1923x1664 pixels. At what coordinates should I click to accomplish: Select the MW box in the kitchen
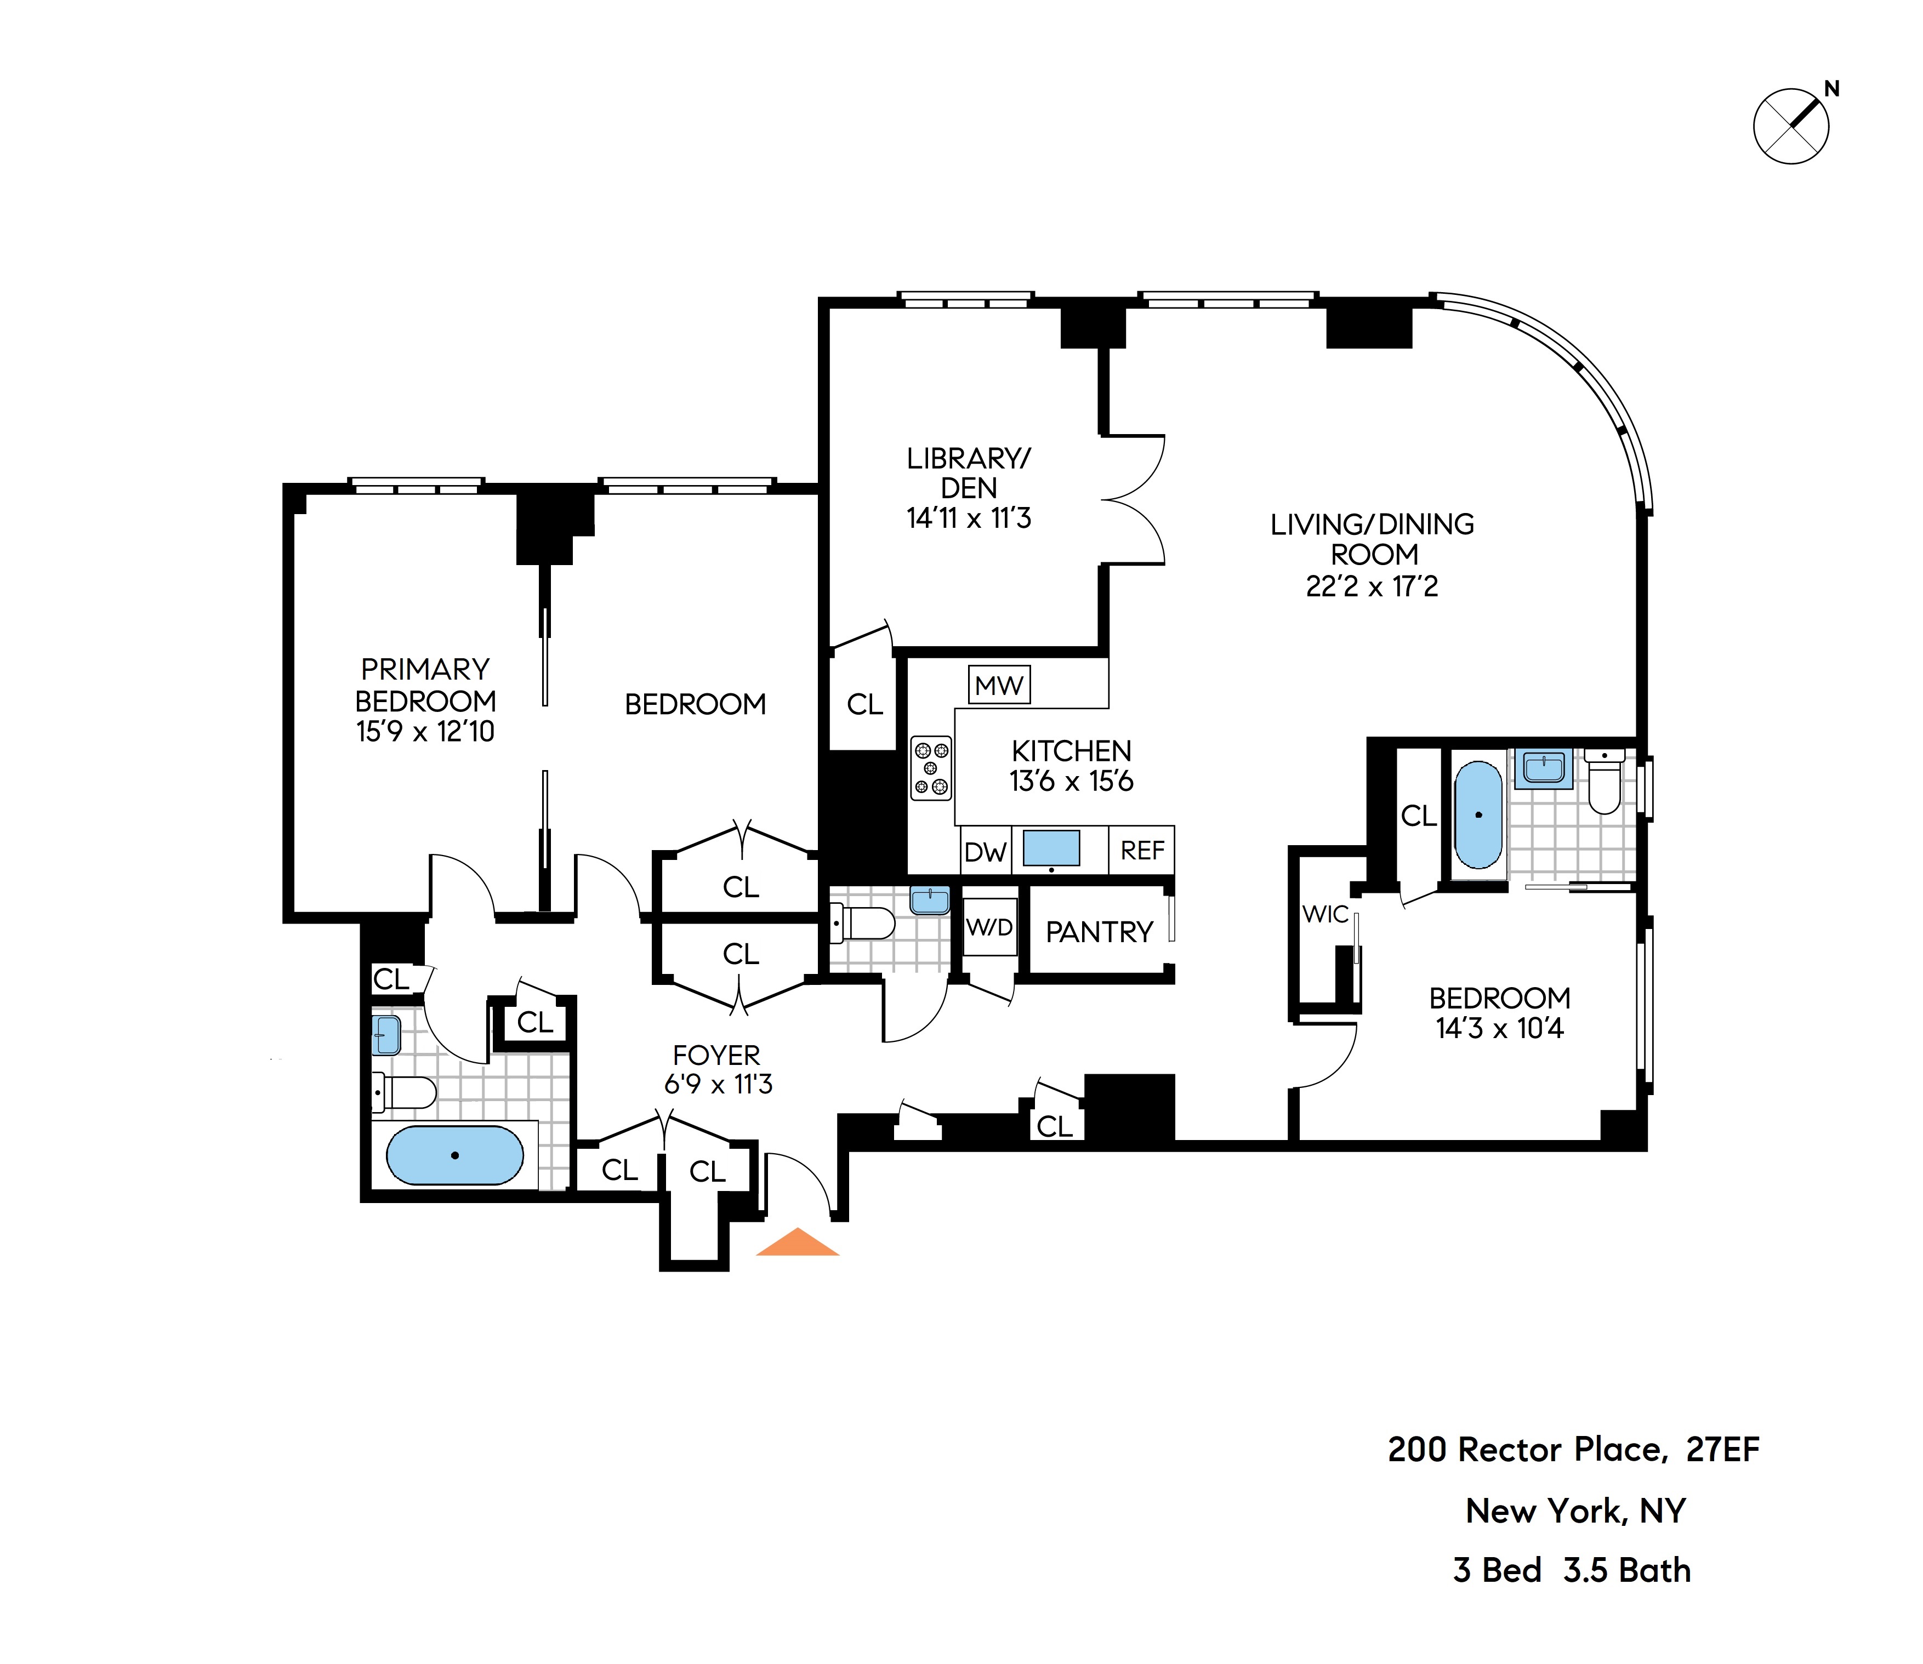[x=999, y=686]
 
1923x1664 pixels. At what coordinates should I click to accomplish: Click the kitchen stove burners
[x=930, y=767]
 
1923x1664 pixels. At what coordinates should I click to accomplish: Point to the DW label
[x=985, y=852]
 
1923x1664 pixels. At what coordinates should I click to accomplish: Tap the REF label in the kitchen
[x=1142, y=851]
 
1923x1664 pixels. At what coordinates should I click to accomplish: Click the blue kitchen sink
[x=1051, y=848]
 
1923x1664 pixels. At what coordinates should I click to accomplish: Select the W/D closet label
[x=990, y=927]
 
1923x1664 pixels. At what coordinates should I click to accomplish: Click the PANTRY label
[x=1100, y=931]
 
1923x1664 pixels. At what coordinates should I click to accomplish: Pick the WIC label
[x=1325, y=915]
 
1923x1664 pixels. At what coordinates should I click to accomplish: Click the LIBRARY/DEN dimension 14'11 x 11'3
[x=969, y=518]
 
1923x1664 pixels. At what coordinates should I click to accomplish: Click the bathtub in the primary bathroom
[x=455, y=1155]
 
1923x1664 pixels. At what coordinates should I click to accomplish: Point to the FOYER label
[x=716, y=1055]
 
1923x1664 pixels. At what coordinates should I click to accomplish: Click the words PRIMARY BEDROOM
[x=425, y=685]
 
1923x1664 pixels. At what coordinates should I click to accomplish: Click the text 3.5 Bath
[x=1627, y=1570]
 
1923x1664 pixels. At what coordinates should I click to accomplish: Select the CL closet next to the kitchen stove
[x=864, y=705]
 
